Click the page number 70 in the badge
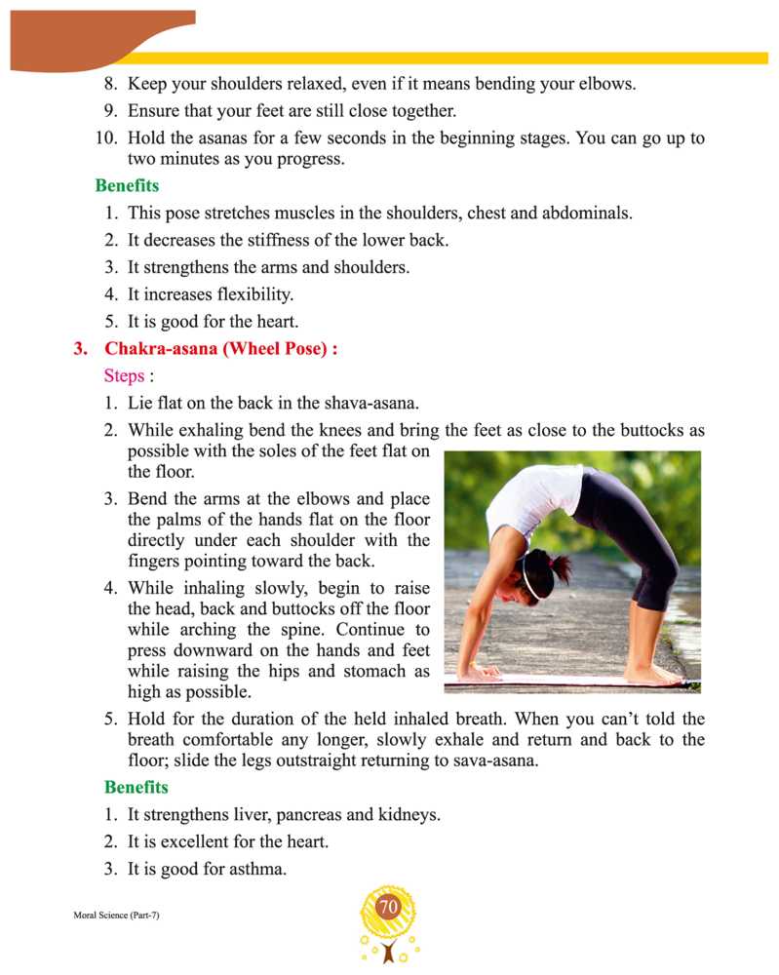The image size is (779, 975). (x=388, y=907)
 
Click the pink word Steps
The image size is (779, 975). (x=124, y=375)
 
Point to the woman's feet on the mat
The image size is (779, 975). (x=651, y=673)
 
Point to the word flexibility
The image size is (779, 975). (x=246, y=292)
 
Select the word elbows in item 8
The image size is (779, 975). (x=605, y=84)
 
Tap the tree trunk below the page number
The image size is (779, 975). (x=389, y=951)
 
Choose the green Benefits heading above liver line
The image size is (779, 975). (x=136, y=787)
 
